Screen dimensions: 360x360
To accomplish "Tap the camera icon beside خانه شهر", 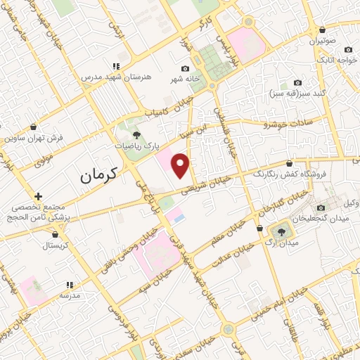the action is click(x=185, y=68).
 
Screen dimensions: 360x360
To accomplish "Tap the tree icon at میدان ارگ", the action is click(x=280, y=230).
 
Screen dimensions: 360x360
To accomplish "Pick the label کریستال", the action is click(x=52, y=245).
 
